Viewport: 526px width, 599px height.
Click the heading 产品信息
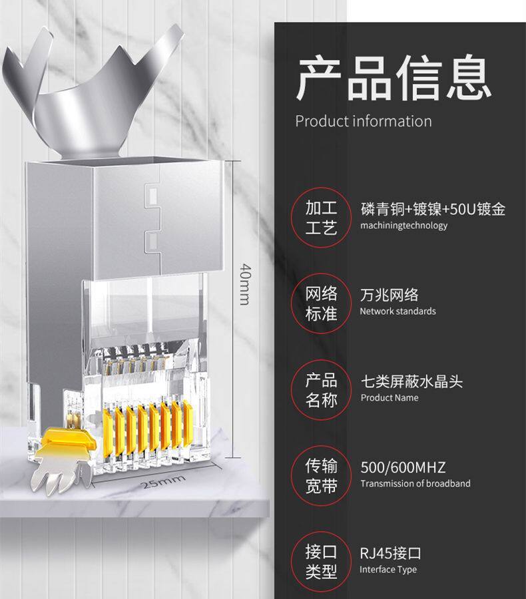pos(394,79)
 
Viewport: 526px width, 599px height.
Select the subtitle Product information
pos(363,121)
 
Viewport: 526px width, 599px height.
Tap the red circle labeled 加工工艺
pos(322,218)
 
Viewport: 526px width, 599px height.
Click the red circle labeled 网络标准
pos(322,303)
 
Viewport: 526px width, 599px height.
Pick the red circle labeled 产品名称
pos(322,390)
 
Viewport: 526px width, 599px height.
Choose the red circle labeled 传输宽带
pos(322,476)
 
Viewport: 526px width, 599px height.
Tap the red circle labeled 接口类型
pos(322,562)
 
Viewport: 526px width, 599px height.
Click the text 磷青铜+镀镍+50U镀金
pos(433,209)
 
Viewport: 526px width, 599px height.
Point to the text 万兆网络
pos(390,296)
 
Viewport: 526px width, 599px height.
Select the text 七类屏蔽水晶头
pos(411,381)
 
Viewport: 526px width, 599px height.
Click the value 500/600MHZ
pos(403,467)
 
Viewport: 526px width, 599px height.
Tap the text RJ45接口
pos(391,553)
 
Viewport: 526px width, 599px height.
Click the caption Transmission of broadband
pos(415,484)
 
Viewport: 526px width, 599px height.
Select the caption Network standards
pos(398,311)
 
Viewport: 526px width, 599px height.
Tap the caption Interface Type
pos(388,570)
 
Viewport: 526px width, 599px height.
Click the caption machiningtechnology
pos(404,226)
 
